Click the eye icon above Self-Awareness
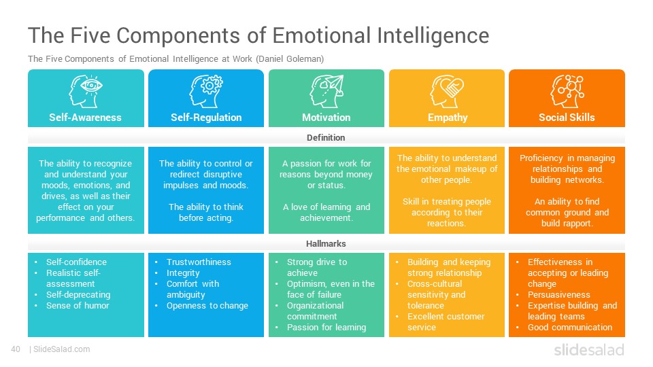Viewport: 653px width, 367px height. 86,91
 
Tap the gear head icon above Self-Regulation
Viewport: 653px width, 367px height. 206,91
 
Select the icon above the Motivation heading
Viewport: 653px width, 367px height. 326,91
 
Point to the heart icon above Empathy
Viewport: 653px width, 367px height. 447,91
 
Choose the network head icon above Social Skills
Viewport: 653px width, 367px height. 567,91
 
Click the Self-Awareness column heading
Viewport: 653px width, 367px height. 86,118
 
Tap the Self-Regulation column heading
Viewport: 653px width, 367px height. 206,118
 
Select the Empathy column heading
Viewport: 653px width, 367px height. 448,118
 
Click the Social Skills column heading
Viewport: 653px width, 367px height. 567,118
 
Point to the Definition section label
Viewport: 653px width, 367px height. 326,138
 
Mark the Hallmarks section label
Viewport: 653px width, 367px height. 326,244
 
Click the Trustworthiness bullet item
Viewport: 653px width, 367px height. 199,262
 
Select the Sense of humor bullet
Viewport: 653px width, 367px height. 78,305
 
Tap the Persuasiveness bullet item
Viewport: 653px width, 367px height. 559,294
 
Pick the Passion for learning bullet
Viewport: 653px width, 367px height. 326,328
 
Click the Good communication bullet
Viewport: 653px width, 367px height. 570,328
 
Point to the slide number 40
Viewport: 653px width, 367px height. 16,349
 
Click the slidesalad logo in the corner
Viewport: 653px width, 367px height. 589,350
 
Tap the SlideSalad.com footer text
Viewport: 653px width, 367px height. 62,349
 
